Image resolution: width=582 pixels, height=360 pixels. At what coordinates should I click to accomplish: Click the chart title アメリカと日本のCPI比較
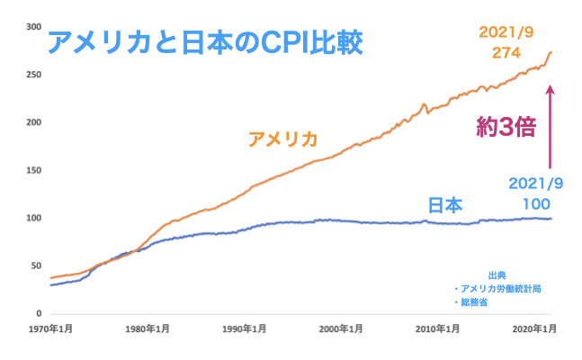coord(204,42)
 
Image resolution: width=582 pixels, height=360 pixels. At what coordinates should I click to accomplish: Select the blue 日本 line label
coord(444,205)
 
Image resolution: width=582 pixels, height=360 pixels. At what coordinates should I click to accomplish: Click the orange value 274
coord(507,53)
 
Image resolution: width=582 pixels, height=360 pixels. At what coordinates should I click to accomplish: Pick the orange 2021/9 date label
coord(507,31)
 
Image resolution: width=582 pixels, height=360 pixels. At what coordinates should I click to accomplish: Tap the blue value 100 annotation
coord(537,203)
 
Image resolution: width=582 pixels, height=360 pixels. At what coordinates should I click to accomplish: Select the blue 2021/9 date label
coord(536,183)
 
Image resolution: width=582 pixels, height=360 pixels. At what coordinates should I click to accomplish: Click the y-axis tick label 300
coord(34,27)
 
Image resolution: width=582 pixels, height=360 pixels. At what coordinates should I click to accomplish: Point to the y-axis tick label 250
coord(34,75)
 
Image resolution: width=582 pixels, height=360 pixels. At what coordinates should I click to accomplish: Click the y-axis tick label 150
coord(34,170)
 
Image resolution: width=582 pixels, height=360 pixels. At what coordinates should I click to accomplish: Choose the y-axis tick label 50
coord(37,265)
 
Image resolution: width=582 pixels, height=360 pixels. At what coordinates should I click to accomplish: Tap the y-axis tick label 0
coord(40,313)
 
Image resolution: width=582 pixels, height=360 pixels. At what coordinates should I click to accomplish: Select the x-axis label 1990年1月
coord(244,328)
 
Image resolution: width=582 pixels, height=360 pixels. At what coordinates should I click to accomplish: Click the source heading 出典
coord(497,274)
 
